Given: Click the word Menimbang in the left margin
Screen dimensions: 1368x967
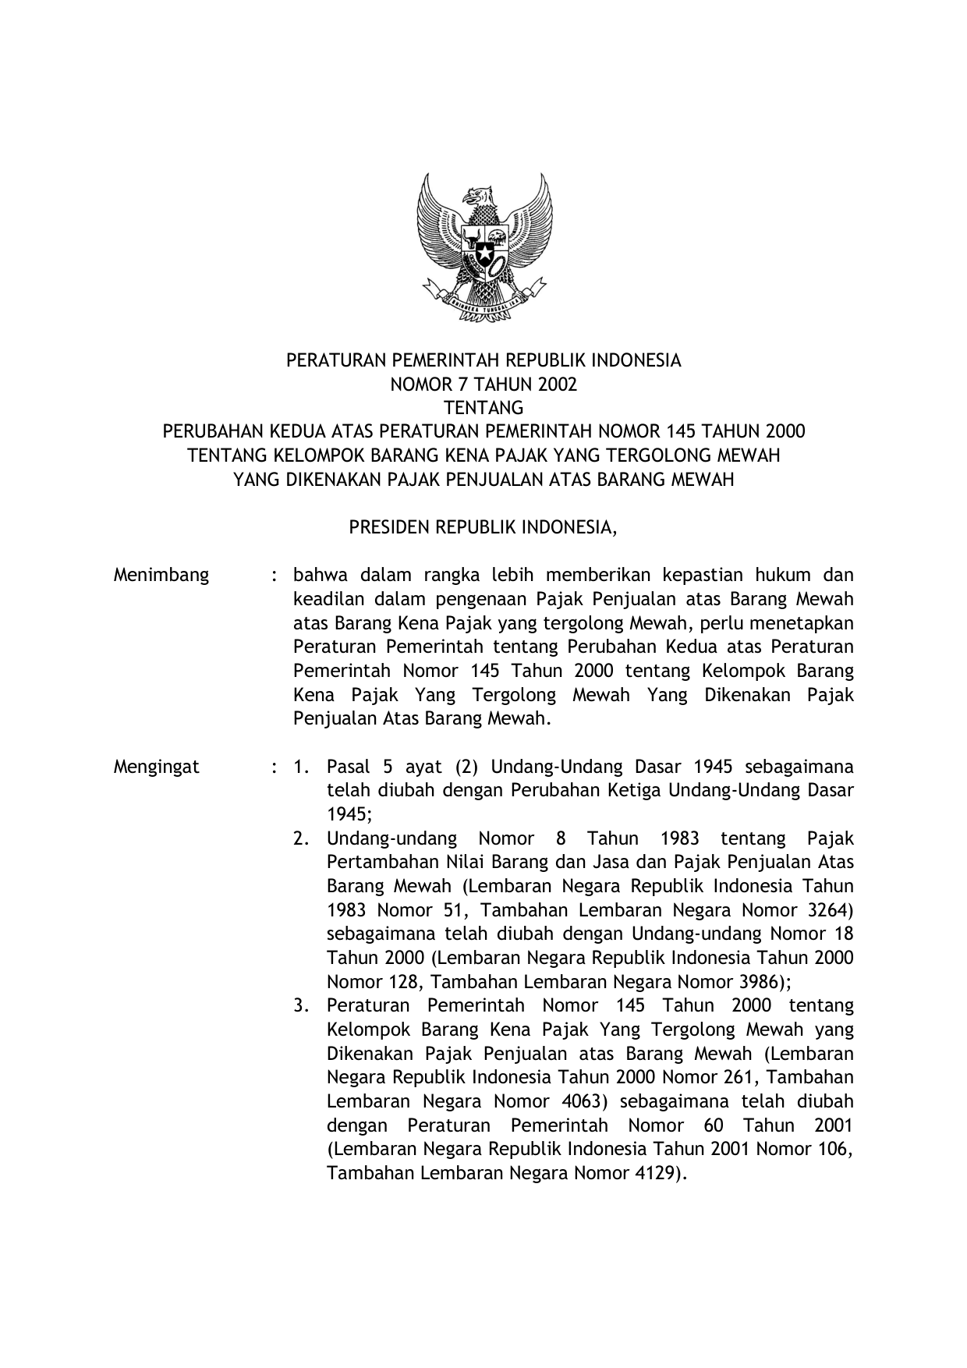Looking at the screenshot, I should (x=161, y=576).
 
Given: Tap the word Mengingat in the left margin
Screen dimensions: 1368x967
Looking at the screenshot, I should (x=157, y=767).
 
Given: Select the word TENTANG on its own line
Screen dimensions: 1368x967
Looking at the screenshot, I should (x=483, y=408).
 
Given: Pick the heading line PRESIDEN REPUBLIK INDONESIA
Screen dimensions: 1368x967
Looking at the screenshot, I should (x=483, y=528).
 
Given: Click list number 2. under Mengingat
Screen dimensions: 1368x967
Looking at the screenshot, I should (x=302, y=839).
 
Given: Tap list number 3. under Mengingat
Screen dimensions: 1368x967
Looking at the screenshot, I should (x=302, y=1006).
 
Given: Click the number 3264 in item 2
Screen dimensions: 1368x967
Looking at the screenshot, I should (x=825, y=910).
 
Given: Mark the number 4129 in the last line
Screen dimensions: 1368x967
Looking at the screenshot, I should (x=657, y=1173).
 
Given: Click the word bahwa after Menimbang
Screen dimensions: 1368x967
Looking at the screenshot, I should (x=317, y=576).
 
